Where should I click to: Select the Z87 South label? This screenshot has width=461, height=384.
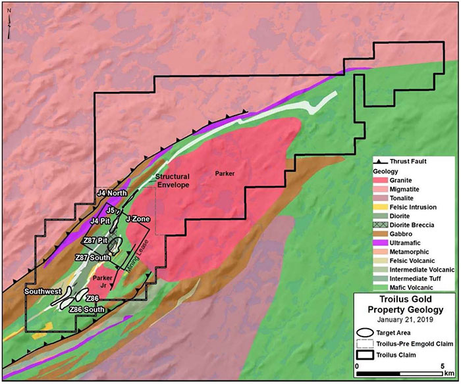(92, 256)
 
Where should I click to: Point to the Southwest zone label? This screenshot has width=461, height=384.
(43, 290)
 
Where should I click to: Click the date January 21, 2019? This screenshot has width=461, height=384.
(405, 320)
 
